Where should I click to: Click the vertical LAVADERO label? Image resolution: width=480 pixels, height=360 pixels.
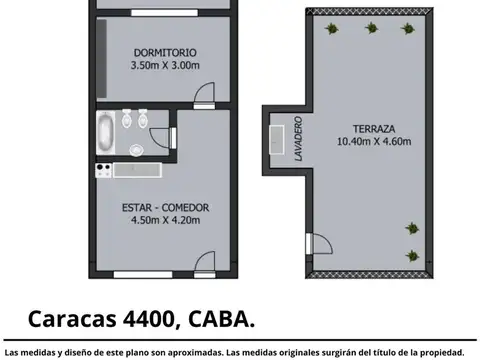tap(298, 140)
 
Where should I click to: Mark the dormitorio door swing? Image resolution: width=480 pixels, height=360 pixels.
tap(204, 97)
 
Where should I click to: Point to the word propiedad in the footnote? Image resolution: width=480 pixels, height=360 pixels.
tap(440, 351)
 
